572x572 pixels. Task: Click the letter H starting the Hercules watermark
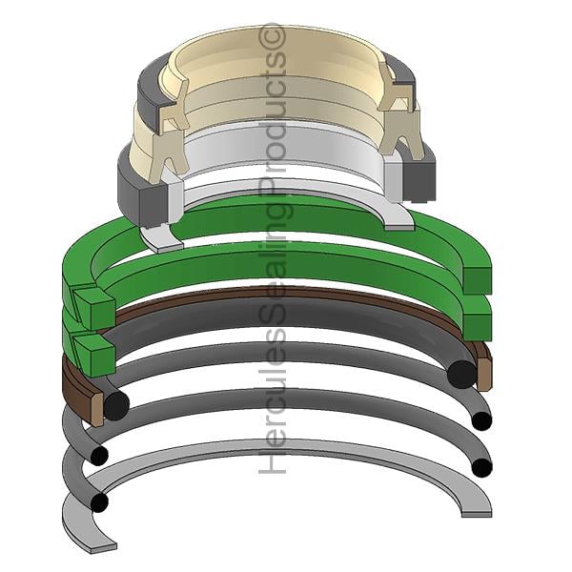(272, 461)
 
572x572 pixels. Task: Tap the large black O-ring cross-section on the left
(116, 405)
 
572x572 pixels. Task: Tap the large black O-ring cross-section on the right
(461, 375)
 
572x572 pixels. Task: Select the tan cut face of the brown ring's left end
(96, 410)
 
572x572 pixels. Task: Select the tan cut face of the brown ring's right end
(483, 375)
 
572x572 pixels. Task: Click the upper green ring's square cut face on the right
(478, 281)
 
